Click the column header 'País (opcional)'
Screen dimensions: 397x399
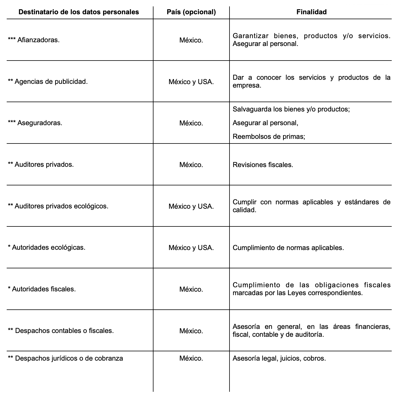point(191,12)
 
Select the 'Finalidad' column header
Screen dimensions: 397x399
point(311,12)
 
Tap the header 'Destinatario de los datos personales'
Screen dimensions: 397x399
point(79,12)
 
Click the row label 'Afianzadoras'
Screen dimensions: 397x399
point(38,40)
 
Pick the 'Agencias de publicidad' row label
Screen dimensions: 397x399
point(51,82)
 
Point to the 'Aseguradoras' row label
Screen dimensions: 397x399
point(40,123)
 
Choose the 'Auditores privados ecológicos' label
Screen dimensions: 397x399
point(61,206)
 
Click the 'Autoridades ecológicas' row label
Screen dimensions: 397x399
point(48,248)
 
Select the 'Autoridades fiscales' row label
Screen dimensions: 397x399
point(44,289)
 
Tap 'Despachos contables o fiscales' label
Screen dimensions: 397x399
point(64,331)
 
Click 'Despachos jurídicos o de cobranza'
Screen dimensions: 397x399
point(69,359)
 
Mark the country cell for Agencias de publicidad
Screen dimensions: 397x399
point(191,82)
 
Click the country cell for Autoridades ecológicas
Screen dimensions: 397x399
point(191,248)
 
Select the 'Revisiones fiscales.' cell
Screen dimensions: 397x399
point(263,165)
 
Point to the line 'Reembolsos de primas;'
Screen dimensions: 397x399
point(269,137)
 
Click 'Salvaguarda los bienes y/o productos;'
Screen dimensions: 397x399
point(291,109)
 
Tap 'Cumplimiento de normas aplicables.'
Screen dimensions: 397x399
point(288,248)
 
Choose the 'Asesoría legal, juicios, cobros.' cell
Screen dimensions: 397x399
point(279,359)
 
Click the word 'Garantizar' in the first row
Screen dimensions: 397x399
point(250,36)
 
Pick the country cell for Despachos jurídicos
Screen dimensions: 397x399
point(191,359)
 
